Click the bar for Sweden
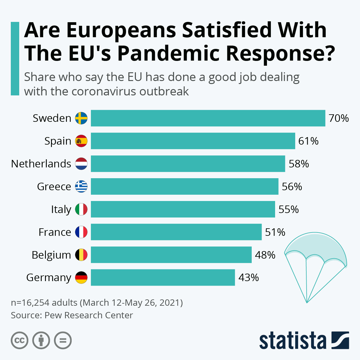point(208,118)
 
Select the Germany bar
point(163,277)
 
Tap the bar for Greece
point(184,186)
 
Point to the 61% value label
point(308,141)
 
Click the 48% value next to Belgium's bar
point(265,255)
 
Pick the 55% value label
point(289,209)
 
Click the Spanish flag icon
point(81,141)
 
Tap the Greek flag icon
point(81,186)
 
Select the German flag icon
point(81,277)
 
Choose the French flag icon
point(81,232)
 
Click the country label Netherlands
point(41,164)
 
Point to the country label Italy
point(61,209)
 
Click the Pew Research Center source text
point(89,315)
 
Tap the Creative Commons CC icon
point(19,340)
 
